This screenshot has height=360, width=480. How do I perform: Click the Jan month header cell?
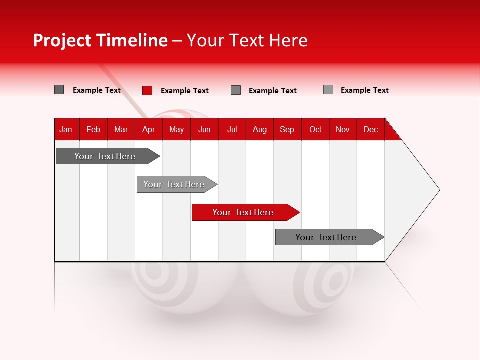tap(66, 129)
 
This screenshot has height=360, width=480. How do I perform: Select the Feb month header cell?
tap(93, 129)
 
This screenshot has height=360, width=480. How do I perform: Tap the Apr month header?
tap(149, 129)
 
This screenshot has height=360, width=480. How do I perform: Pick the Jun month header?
tap(204, 129)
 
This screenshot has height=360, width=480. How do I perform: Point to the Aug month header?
tap(260, 129)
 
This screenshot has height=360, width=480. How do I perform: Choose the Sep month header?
tap(287, 129)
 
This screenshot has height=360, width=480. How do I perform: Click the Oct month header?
tap(315, 129)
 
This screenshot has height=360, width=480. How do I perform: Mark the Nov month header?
tap(343, 129)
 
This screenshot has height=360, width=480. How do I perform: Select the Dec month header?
tap(371, 129)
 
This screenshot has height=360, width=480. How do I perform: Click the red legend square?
tap(147, 90)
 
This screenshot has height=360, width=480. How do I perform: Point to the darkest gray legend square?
tap(59, 90)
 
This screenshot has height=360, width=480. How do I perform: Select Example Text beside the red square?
tap(185, 91)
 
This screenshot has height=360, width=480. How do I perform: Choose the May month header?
tap(176, 129)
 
